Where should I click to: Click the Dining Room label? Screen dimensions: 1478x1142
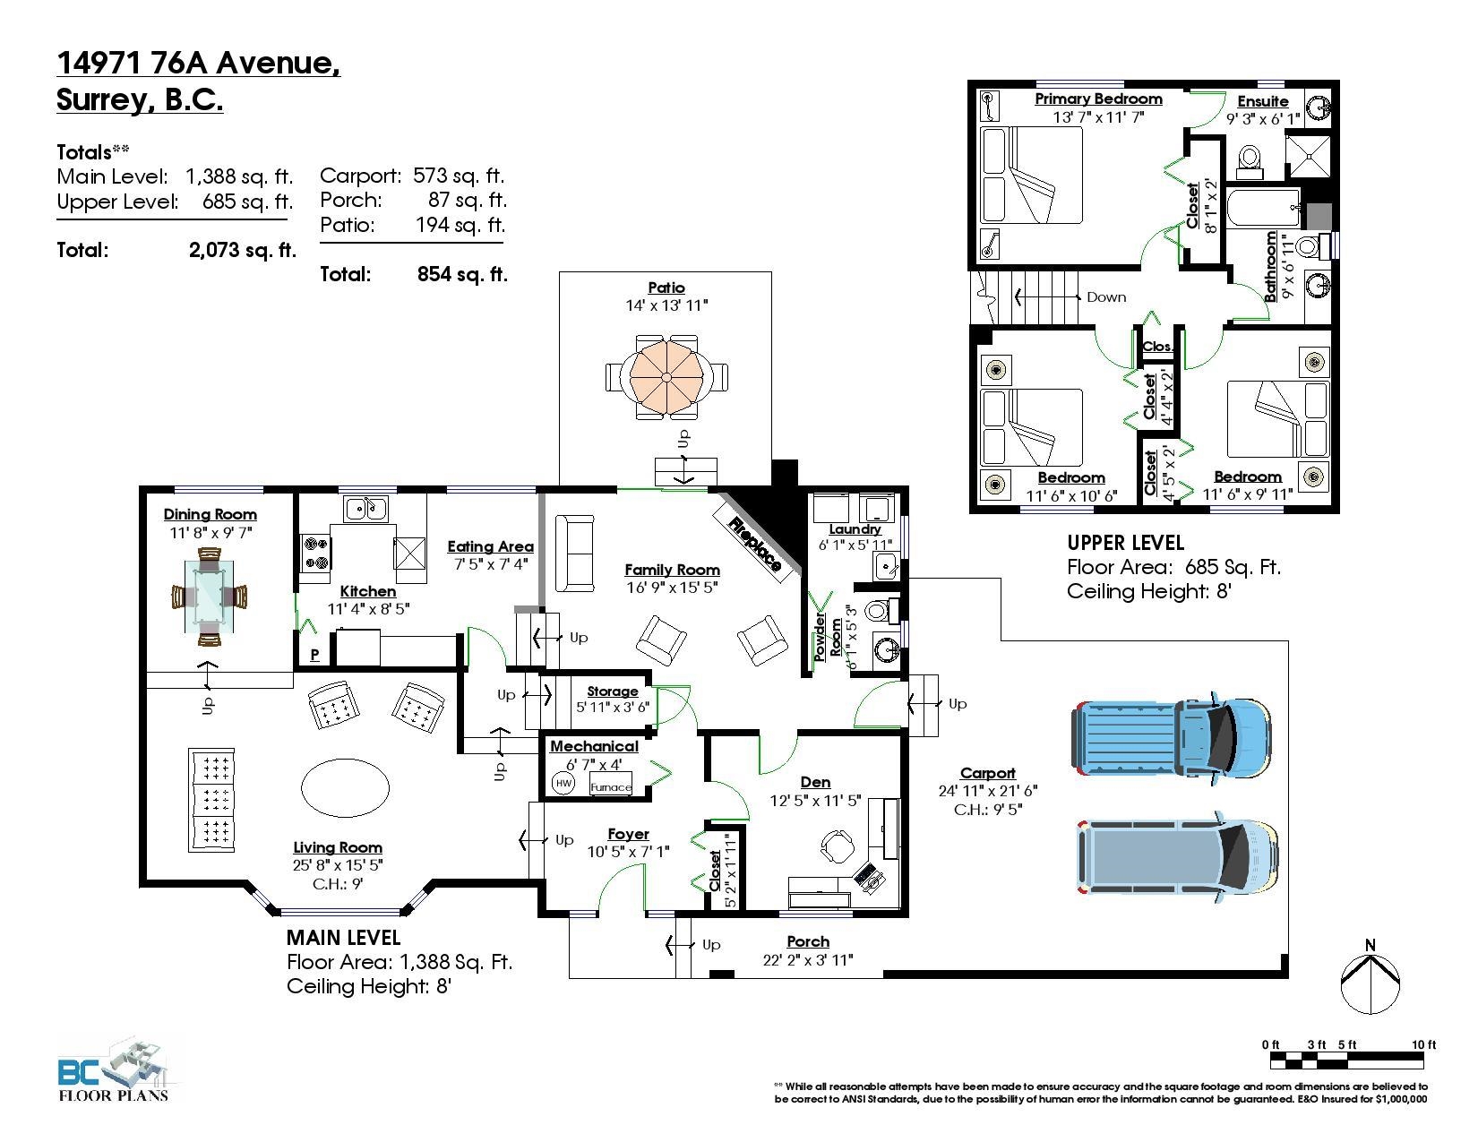tap(211, 514)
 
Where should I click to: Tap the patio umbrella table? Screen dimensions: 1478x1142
tap(666, 377)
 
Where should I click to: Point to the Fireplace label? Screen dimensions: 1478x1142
tap(754, 544)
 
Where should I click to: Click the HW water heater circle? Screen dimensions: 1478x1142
tap(563, 784)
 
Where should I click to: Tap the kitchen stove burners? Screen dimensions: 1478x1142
tap(315, 553)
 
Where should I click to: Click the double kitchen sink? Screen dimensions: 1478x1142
tap(366, 508)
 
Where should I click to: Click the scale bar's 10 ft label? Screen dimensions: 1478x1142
tap(1423, 1044)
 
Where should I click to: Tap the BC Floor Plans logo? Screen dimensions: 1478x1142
tap(114, 1070)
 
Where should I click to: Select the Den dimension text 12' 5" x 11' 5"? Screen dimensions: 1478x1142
tap(815, 801)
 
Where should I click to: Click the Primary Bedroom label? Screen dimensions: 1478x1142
tap(1098, 99)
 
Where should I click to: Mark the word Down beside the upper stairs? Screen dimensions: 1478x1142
tap(1106, 297)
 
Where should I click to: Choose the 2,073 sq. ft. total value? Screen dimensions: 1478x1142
tap(242, 250)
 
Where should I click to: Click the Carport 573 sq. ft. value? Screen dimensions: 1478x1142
tap(459, 176)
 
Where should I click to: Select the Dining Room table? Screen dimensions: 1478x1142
tap(209, 597)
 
